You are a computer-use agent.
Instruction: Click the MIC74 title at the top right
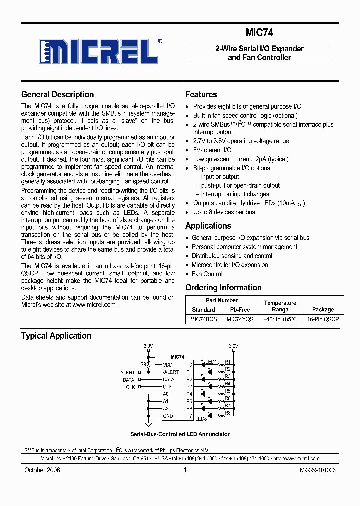click(x=259, y=33)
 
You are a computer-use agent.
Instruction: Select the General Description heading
click(x=57, y=94)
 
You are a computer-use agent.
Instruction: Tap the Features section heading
click(x=201, y=94)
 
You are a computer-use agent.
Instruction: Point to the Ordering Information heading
click(x=223, y=287)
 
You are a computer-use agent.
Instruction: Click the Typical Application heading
click(x=56, y=336)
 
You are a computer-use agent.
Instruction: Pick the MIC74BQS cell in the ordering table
click(x=203, y=319)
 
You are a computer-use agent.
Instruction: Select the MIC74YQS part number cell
click(x=240, y=319)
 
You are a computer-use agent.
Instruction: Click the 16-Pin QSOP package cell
click(x=323, y=319)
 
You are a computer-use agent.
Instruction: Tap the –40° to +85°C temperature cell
click(x=280, y=319)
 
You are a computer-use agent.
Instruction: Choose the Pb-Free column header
click(x=240, y=310)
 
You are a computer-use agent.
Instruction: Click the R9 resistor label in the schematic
click(x=143, y=364)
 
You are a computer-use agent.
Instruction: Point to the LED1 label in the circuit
click(x=211, y=362)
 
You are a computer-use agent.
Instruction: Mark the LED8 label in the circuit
click(x=201, y=419)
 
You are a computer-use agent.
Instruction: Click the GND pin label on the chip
click(x=168, y=416)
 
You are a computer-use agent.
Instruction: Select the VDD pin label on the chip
click(x=168, y=365)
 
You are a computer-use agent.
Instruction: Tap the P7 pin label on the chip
click(x=189, y=416)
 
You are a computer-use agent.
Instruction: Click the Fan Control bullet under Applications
click(x=207, y=274)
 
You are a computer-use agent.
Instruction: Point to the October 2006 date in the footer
click(x=42, y=470)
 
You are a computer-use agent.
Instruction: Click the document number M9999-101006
click(x=317, y=470)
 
